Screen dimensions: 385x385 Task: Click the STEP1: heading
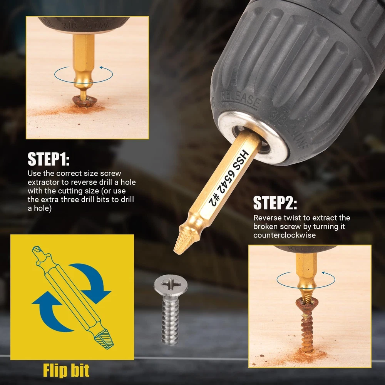click(x=49, y=159)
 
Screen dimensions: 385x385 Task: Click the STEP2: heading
click(x=275, y=203)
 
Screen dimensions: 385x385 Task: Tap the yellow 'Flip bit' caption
click(x=66, y=370)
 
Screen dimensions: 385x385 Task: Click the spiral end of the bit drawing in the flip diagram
click(x=105, y=339)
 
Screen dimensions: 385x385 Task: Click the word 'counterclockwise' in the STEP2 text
click(x=285, y=235)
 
